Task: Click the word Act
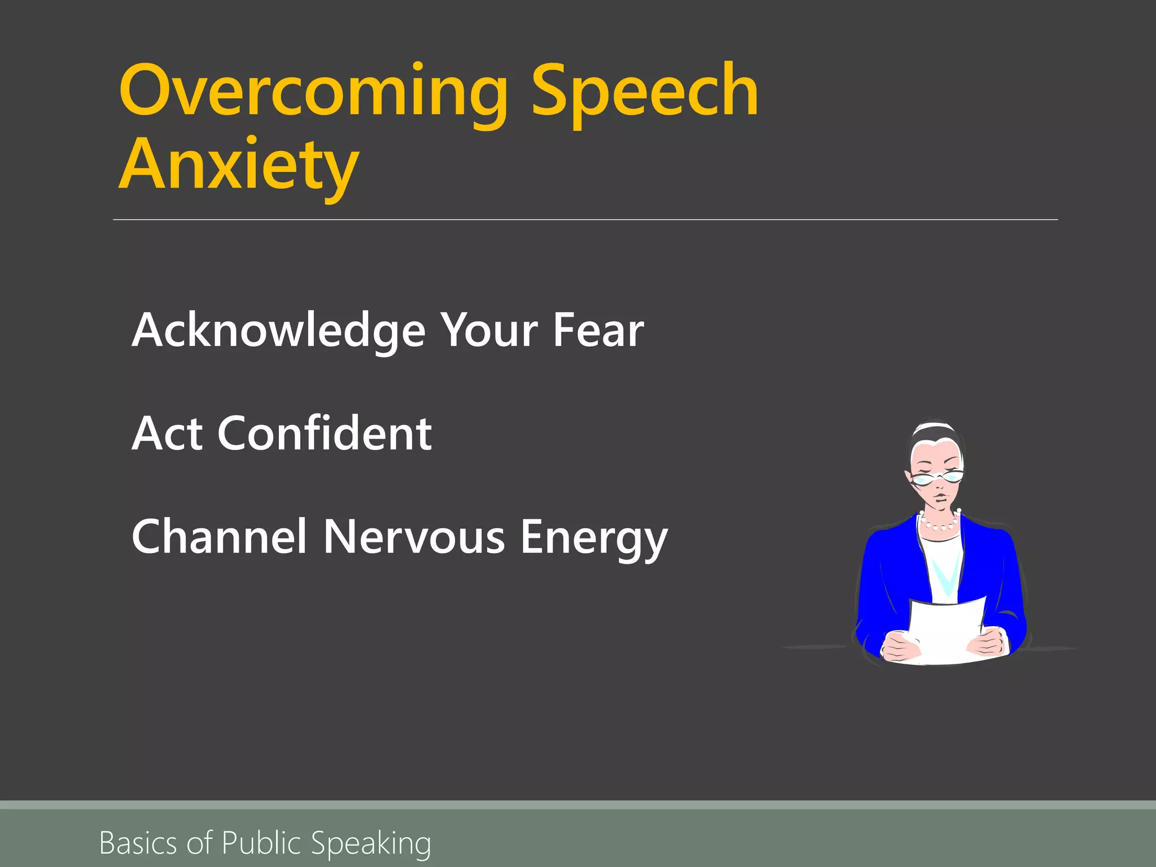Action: tap(167, 433)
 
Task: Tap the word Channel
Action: tap(219, 537)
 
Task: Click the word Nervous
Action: tap(414, 537)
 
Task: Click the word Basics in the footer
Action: tap(138, 843)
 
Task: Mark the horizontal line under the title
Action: tap(585, 220)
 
